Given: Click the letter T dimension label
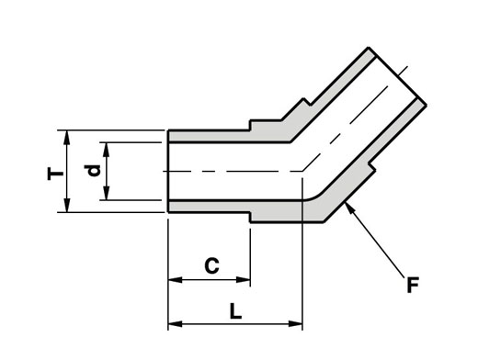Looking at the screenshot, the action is pyautogui.click(x=55, y=174).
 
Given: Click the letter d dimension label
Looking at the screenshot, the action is pyautogui.click(x=92, y=171).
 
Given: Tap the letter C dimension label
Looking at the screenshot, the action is pyautogui.click(x=211, y=265).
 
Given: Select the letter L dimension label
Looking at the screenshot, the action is pyautogui.click(x=235, y=311).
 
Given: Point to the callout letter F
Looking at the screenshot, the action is pyautogui.click(x=413, y=285).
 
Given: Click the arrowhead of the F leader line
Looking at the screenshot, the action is pyautogui.click(x=348, y=208).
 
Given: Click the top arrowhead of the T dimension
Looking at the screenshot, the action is pyautogui.click(x=66, y=137).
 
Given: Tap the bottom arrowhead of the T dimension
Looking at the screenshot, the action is pyautogui.click(x=66, y=205).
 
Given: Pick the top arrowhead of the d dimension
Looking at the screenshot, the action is pyautogui.click(x=107, y=150).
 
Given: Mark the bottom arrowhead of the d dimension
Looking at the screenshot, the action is pyautogui.click(x=107, y=193).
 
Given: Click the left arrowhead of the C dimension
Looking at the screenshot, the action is pyautogui.click(x=175, y=280).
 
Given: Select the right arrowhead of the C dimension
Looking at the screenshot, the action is pyautogui.click(x=244, y=280).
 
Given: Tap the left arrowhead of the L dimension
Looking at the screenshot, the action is pyautogui.click(x=175, y=323).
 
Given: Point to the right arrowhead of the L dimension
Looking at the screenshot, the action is pyautogui.click(x=295, y=323).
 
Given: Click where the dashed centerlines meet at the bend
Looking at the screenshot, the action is pyautogui.click(x=302, y=171).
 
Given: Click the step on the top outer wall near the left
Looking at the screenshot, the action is pyautogui.click(x=250, y=126).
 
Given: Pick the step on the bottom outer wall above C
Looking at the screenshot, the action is pyautogui.click(x=250, y=217).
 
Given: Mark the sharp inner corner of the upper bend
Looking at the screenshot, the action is pyautogui.click(x=290, y=142).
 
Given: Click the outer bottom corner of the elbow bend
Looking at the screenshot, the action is pyautogui.click(x=324, y=222).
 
